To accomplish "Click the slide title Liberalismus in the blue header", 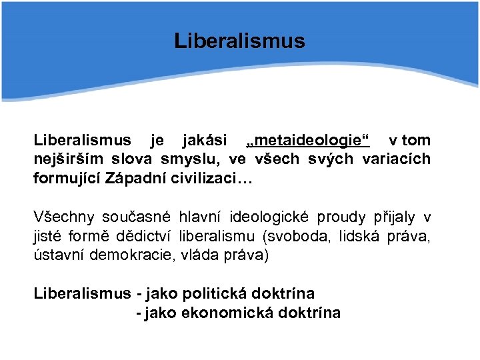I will click(x=239, y=41).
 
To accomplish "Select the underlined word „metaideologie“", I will click(x=308, y=141).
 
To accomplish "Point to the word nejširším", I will click(x=63, y=160).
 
